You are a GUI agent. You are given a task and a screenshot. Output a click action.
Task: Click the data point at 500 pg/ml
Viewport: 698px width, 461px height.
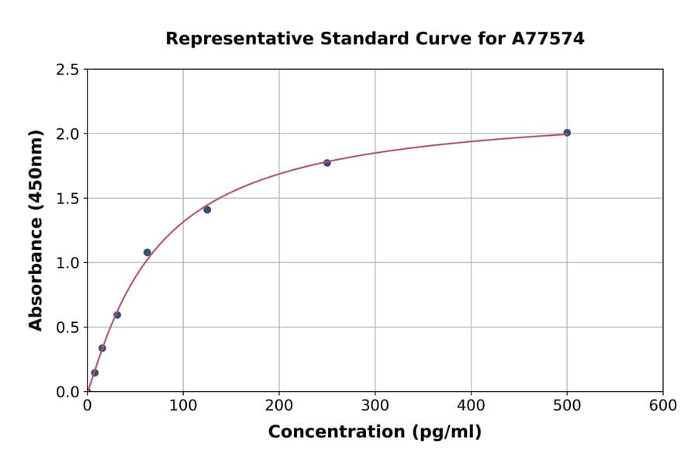click(x=567, y=133)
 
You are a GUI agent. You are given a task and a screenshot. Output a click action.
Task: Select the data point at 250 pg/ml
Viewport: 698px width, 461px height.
click(x=327, y=163)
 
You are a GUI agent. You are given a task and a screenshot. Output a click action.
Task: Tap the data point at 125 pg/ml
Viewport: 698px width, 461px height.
click(x=207, y=210)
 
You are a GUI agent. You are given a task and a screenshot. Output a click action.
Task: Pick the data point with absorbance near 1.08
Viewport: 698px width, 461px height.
click(x=147, y=252)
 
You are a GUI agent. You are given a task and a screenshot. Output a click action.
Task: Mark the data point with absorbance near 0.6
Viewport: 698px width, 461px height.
click(x=117, y=315)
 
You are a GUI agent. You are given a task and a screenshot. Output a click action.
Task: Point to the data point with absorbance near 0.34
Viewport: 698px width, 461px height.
click(x=102, y=348)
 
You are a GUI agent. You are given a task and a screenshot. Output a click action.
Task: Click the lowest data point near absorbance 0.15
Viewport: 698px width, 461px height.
click(x=95, y=373)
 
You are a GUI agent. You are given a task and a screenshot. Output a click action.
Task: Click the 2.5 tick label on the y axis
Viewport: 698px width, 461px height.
click(x=67, y=70)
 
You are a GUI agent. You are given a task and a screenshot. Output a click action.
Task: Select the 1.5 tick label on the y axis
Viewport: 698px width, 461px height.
click(x=67, y=199)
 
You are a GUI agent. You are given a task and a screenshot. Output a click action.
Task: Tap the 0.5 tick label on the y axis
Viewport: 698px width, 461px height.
click(x=67, y=328)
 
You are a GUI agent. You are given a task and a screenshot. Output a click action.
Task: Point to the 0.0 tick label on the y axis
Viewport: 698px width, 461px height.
click(x=67, y=392)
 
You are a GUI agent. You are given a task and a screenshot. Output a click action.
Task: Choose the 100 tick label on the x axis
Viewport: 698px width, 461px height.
click(x=183, y=406)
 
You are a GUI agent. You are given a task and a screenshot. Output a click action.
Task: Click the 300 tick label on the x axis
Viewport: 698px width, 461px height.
click(x=375, y=406)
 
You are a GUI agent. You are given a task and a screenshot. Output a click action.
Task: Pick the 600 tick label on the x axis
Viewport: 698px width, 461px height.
click(x=663, y=406)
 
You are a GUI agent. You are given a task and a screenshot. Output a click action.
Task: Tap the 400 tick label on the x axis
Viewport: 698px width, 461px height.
click(x=472, y=406)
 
